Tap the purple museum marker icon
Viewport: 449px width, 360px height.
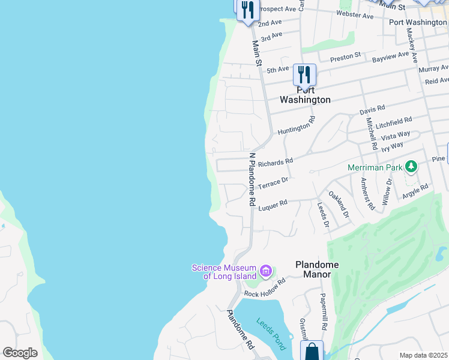266,272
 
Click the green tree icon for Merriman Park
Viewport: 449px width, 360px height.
411,166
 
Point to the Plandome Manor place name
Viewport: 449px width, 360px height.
317,269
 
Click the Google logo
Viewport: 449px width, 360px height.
20,353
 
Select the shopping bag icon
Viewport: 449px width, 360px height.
312,351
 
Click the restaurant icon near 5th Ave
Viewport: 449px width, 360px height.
304,74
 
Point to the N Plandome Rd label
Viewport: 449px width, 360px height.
253,179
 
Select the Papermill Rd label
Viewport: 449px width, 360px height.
323,311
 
